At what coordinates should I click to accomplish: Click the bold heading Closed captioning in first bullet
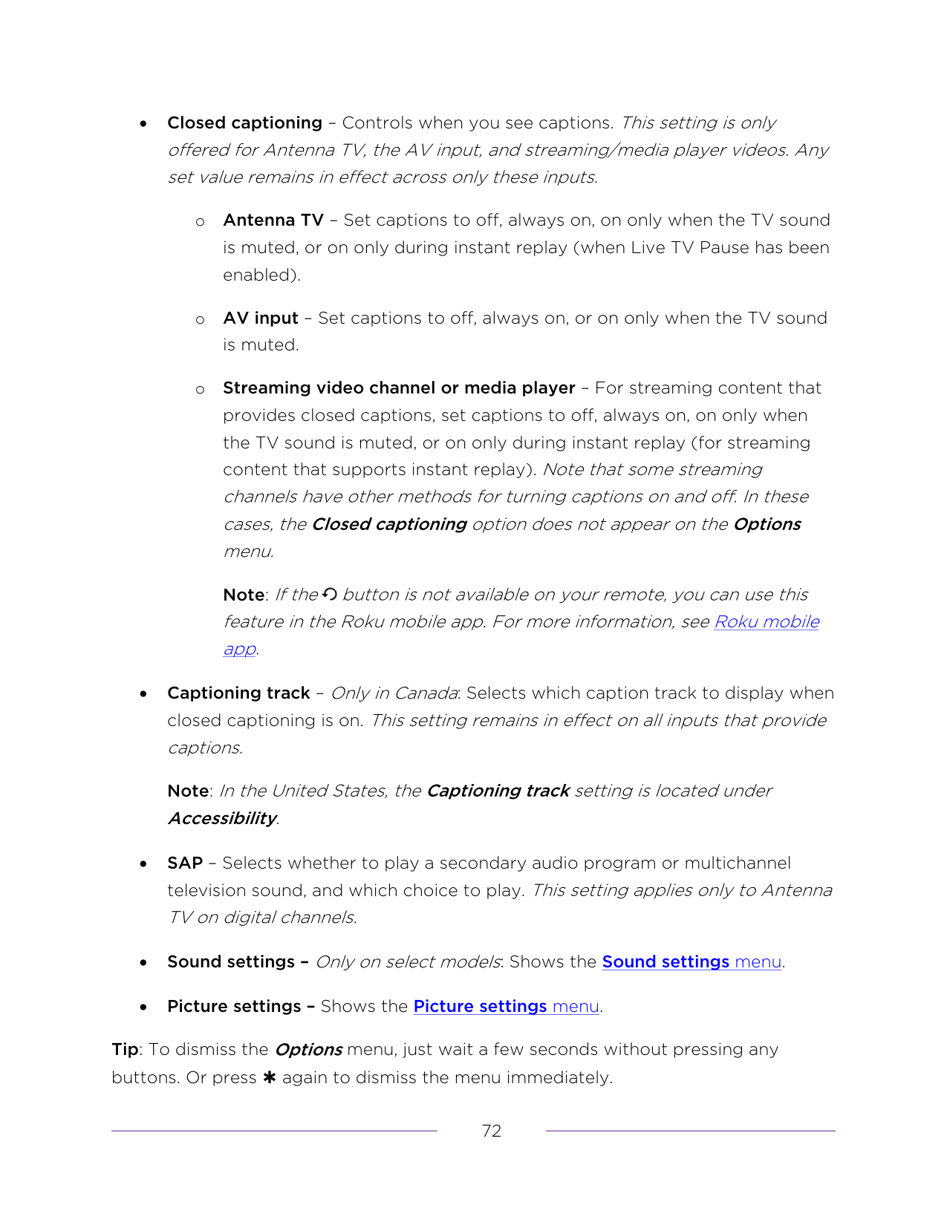[x=244, y=123]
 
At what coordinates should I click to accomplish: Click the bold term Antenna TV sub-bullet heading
[x=273, y=220]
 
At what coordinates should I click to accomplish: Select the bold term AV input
[x=260, y=318]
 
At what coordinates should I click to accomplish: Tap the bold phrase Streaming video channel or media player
[x=399, y=388]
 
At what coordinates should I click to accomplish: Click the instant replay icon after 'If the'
[x=331, y=595]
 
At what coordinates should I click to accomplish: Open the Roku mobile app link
[x=766, y=622]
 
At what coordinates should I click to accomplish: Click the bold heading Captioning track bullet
[x=238, y=693]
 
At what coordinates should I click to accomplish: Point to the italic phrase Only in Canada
[x=394, y=693]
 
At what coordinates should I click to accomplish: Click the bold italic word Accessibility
[x=222, y=819]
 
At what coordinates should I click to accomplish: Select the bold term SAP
[x=185, y=863]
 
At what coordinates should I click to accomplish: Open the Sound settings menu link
[x=691, y=962]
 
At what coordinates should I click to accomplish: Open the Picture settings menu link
[x=506, y=1007]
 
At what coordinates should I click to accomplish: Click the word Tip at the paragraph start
[x=125, y=1050]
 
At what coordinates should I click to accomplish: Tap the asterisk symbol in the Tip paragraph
[x=269, y=1078]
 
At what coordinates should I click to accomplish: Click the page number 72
[x=492, y=1131]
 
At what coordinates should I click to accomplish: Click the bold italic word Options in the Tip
[x=308, y=1050]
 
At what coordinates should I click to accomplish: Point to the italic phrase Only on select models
[x=407, y=962]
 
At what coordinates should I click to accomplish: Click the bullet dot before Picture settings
[x=143, y=1007]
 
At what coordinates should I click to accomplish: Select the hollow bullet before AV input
[x=200, y=320]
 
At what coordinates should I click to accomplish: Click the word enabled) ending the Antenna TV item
[x=261, y=275]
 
